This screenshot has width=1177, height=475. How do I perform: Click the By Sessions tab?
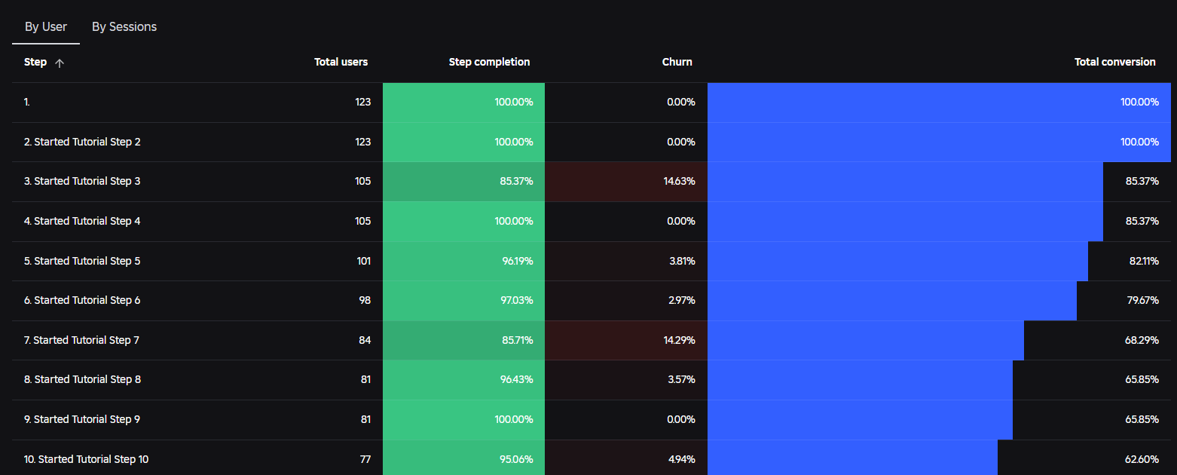124,27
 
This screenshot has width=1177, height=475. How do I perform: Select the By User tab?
46,27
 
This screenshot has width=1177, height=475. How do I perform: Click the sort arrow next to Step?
60,63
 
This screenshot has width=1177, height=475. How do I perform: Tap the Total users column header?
341,62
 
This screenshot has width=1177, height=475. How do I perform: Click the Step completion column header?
489,62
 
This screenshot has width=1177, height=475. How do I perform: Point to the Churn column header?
677,62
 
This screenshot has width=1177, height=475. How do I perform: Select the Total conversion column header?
1114,62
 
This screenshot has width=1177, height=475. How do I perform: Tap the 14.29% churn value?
679,340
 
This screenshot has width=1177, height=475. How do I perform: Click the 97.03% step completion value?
516,300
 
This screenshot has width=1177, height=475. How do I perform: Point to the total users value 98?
365,300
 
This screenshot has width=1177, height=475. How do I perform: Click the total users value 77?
365,459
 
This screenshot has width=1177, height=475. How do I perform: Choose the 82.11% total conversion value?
1144,261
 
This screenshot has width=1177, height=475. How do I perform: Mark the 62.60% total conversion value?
1142,459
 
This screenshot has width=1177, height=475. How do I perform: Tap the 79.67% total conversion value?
1143,300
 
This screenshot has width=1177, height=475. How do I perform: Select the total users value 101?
364,261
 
